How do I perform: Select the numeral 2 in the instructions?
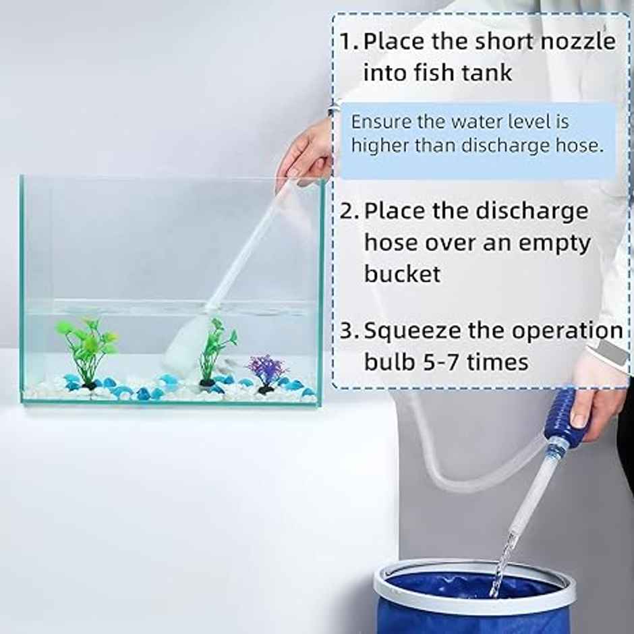[347, 211]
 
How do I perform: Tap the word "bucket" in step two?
[403, 274]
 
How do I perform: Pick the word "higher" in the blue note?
[378, 145]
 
